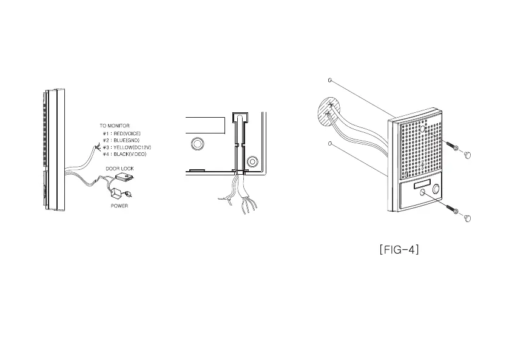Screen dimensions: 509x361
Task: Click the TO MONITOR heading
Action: (x=115, y=126)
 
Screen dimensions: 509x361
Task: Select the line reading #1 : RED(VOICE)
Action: (x=123, y=133)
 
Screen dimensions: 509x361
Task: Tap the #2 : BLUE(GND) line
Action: (x=121, y=140)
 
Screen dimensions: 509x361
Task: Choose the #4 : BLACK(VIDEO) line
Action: (x=124, y=154)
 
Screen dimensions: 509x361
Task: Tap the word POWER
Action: (x=119, y=206)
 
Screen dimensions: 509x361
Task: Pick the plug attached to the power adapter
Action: (x=128, y=195)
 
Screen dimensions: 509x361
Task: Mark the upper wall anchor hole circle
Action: (x=329, y=79)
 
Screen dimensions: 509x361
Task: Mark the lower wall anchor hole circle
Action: (x=329, y=144)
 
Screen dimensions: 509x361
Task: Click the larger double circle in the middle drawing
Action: (x=197, y=144)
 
